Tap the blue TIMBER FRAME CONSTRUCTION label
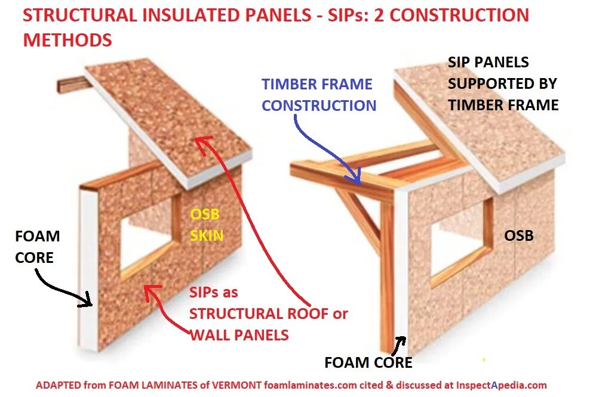pos(319,95)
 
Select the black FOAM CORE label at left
pos(37,246)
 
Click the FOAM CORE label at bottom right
pos(368,362)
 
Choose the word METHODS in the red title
pos(67,40)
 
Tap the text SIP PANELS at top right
pos(489,62)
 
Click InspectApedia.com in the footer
pos(501,385)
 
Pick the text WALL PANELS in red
pos(239,335)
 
